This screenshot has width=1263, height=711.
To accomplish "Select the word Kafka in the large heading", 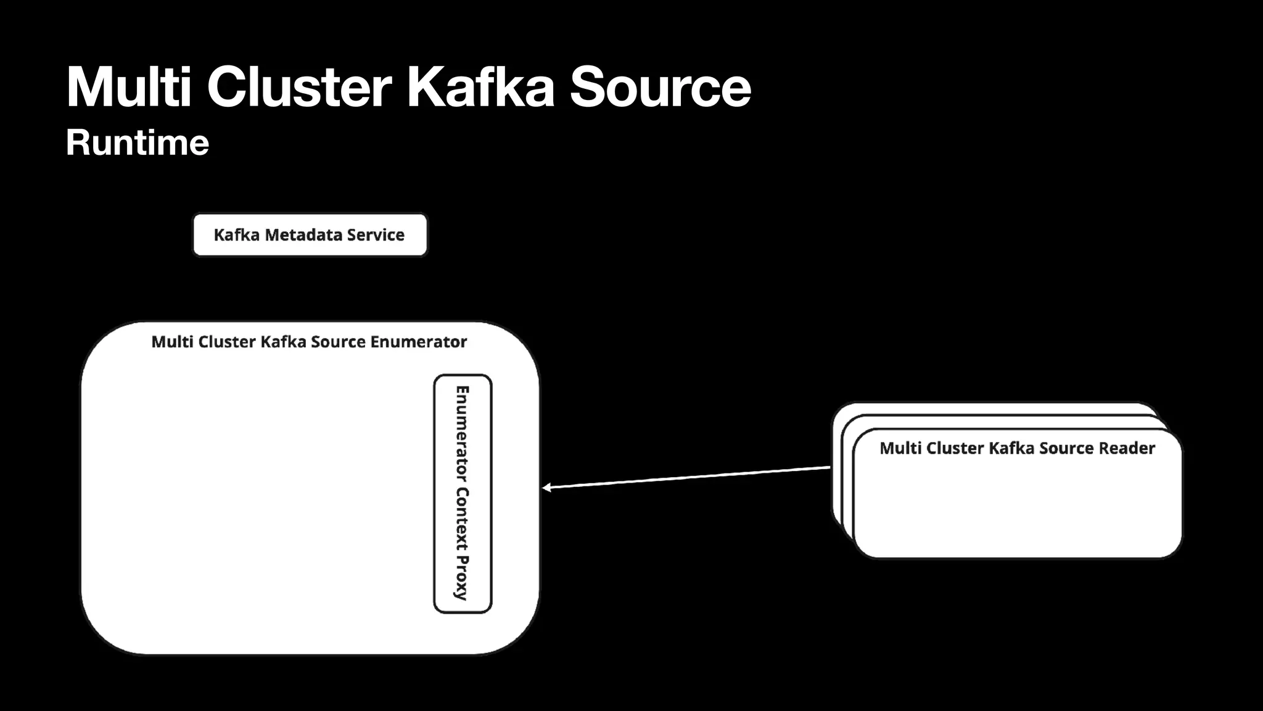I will pos(480,87).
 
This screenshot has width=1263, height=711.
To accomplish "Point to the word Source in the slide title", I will pos(660,87).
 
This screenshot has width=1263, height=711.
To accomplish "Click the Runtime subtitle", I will pos(138,143).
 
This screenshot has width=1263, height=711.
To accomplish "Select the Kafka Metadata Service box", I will pos(310,235).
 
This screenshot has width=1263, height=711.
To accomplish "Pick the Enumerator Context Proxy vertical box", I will pos(463,494).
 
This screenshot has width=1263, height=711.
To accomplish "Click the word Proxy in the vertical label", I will pos(462,578).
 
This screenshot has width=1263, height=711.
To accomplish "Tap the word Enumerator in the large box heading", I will pos(419,342).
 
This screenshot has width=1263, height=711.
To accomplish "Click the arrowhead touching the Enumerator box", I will pos(546,488).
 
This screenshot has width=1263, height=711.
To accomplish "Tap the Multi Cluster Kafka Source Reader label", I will pos(1017,448).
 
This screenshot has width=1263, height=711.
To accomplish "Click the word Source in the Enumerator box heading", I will pos(338,342).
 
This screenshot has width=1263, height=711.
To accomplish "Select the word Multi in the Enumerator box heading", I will pos(172,342).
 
